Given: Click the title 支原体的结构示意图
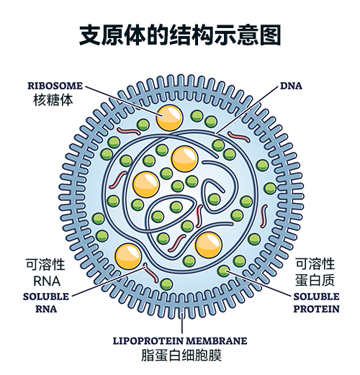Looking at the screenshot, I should (x=179, y=35).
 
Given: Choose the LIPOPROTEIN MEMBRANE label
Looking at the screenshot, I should (x=179, y=340).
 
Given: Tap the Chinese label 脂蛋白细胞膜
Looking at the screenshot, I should (x=179, y=356).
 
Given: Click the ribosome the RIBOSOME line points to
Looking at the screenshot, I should (x=171, y=117).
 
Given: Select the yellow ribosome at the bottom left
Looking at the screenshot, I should (x=129, y=255).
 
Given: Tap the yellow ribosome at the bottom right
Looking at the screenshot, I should (x=208, y=244).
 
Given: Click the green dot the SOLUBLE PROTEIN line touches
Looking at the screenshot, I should (x=224, y=270).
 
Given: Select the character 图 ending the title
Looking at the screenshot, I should (x=271, y=35).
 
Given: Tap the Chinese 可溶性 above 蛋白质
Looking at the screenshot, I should (x=316, y=263).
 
